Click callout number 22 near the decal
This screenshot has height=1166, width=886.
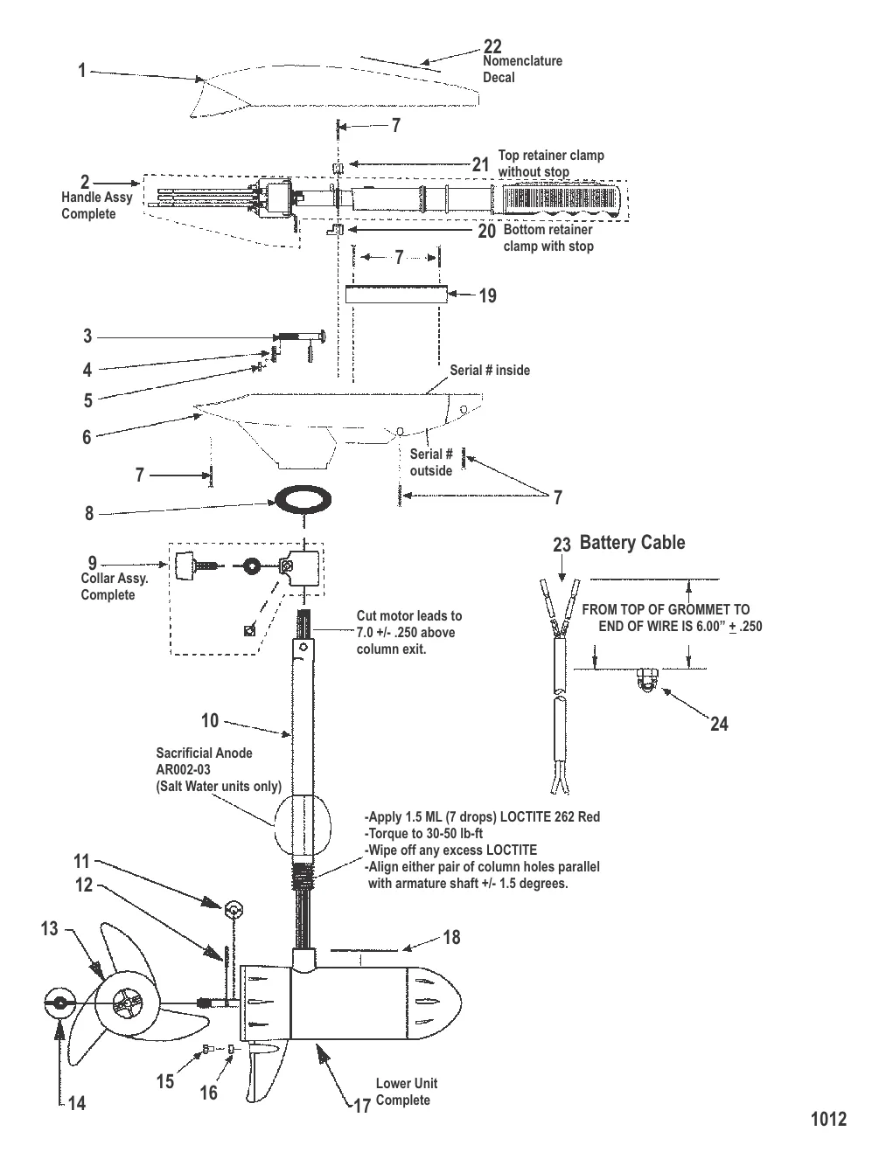(x=492, y=46)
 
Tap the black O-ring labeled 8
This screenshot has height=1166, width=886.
(x=303, y=501)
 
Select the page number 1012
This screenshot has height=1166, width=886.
(x=828, y=1119)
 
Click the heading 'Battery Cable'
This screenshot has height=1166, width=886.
(x=632, y=543)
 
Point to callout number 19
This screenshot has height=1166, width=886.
(x=487, y=295)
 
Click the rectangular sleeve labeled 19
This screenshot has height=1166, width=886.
(x=396, y=294)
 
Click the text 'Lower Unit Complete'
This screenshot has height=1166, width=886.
(x=406, y=1092)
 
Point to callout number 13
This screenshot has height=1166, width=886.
(x=49, y=927)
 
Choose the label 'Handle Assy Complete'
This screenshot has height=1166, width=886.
(x=96, y=205)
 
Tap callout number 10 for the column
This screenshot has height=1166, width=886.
(x=210, y=720)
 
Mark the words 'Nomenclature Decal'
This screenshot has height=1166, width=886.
(x=522, y=69)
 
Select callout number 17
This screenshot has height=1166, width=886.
(x=362, y=1106)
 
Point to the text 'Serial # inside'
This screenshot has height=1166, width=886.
(x=490, y=370)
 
